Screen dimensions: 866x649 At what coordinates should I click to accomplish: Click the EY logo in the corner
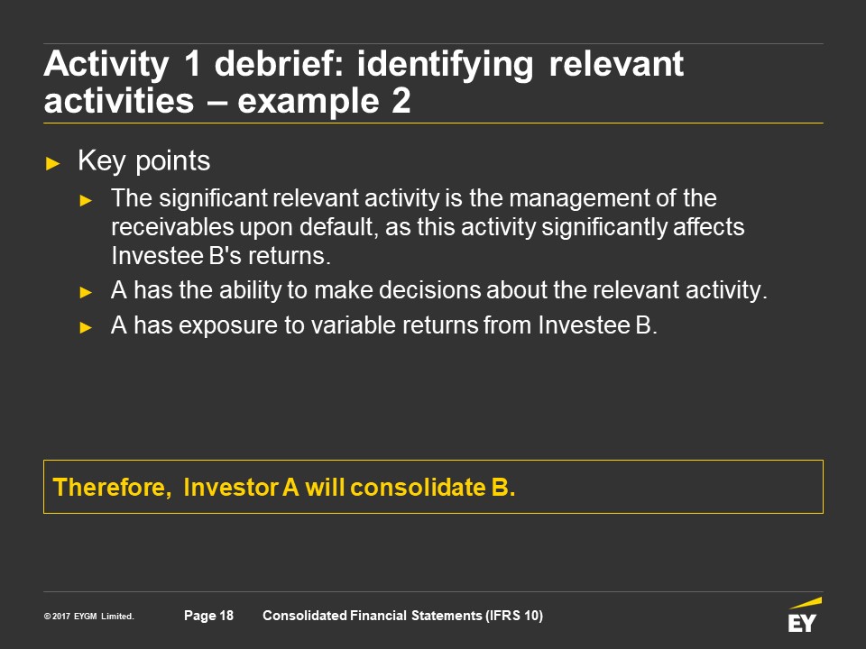(804, 615)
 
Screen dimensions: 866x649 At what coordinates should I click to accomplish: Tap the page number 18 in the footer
(226, 616)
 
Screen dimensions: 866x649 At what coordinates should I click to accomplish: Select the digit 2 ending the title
(401, 101)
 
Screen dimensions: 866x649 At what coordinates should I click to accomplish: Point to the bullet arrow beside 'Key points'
(53, 163)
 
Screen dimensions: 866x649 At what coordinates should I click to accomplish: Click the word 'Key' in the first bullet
(102, 161)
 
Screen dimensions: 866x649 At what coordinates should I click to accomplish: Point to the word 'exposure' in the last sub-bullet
(227, 325)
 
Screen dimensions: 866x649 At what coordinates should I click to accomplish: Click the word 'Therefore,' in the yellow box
(112, 488)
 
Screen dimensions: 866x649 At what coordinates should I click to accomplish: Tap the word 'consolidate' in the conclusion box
(418, 488)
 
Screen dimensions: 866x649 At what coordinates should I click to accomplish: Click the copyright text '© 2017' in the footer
(57, 616)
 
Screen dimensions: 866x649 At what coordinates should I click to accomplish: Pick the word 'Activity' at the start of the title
(106, 65)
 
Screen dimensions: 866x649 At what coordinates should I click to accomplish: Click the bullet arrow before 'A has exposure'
(86, 328)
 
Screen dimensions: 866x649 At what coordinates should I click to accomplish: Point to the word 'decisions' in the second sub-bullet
(428, 290)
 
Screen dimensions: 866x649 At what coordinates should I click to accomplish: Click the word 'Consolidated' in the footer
(305, 616)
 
